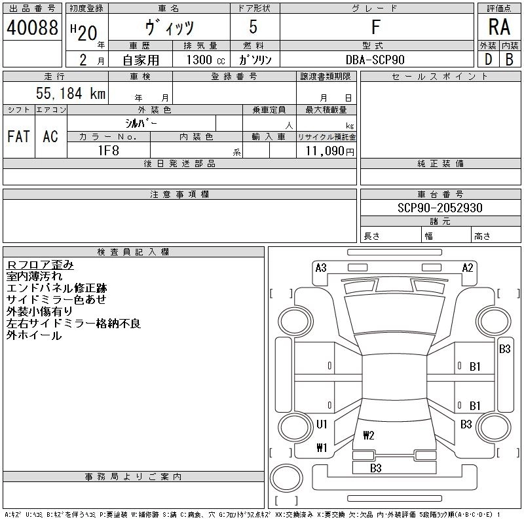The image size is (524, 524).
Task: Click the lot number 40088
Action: click(32, 28)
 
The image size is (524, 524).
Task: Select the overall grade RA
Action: click(500, 28)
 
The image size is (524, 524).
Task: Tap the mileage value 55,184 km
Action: click(71, 94)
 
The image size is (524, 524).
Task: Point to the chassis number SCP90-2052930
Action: click(440, 208)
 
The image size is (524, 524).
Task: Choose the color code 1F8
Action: click(108, 150)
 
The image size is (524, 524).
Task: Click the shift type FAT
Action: click(19, 136)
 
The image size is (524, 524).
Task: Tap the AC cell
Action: click(50, 136)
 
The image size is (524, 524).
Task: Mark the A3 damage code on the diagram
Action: click(321, 267)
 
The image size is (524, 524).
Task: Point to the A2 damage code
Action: click(468, 267)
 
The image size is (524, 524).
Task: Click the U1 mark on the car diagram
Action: click(322, 424)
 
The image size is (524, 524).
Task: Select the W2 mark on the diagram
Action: click(368, 435)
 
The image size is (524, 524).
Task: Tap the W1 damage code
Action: click(322, 449)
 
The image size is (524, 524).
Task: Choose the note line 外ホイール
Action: click(34, 335)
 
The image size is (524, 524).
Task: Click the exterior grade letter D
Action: click(488, 59)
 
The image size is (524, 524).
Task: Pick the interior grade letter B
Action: click(510, 59)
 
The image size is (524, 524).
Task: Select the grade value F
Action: click(376, 28)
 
